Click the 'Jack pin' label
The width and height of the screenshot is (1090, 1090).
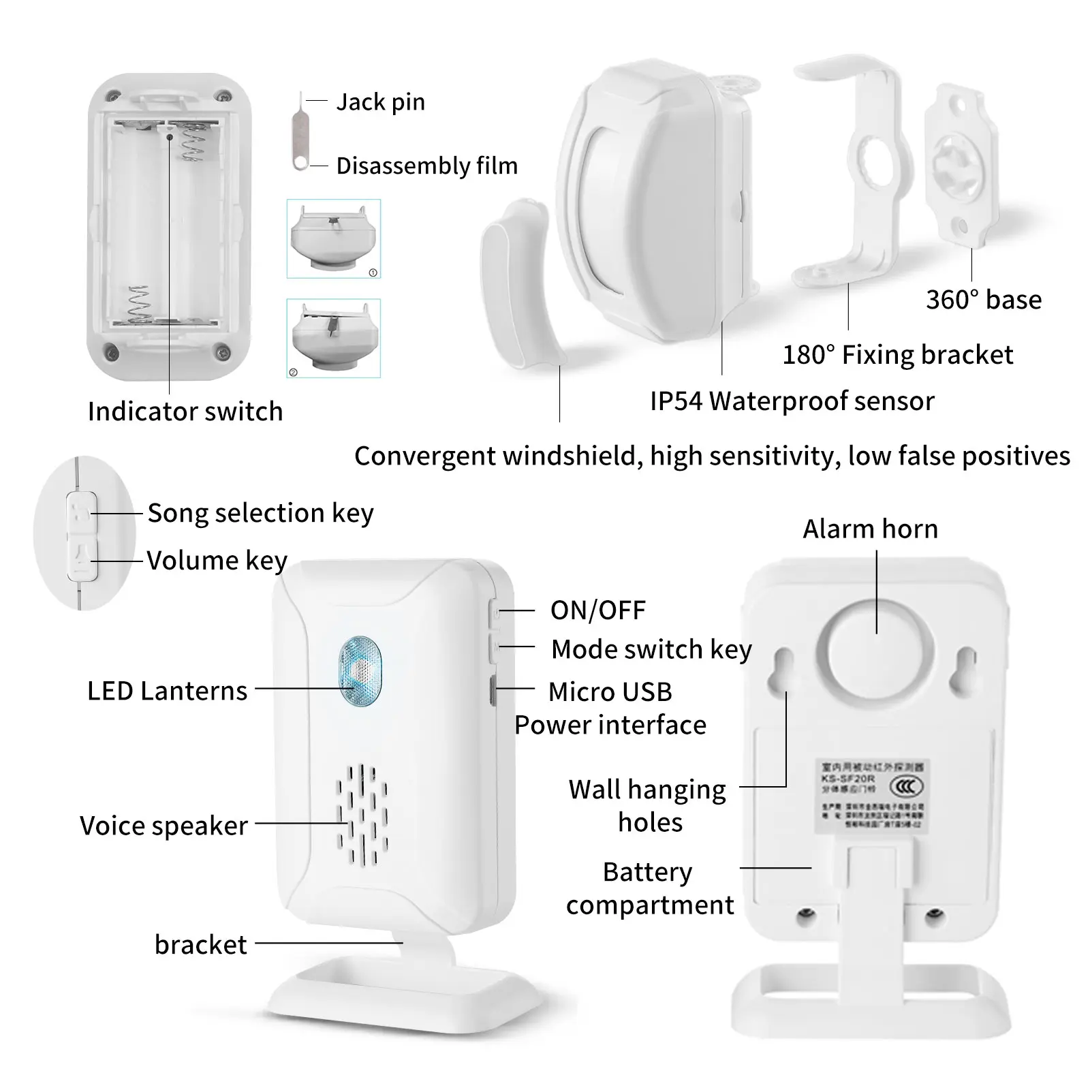[x=380, y=102]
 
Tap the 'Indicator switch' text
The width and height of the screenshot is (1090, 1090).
[x=185, y=411]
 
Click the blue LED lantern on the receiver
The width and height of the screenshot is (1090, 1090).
[x=360, y=670]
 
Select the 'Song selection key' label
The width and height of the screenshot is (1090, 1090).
[x=260, y=513]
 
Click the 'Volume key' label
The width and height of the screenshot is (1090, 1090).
[x=217, y=561]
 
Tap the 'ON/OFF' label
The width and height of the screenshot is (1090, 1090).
[x=597, y=610]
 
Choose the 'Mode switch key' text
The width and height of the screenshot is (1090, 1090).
[x=651, y=649]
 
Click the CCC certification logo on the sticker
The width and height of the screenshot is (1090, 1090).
[x=906, y=787]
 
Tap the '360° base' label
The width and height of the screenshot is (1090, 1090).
[x=983, y=300]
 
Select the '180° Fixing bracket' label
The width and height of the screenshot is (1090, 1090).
[x=897, y=355]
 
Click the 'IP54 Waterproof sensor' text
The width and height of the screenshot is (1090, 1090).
[x=792, y=401]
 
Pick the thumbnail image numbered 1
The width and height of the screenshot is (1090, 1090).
[x=334, y=238]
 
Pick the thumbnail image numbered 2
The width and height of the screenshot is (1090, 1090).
[x=334, y=338]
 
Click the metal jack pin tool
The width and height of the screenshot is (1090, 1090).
[x=300, y=133]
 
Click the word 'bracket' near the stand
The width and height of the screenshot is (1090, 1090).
[x=200, y=945]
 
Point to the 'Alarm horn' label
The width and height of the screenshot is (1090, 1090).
[x=870, y=529]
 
